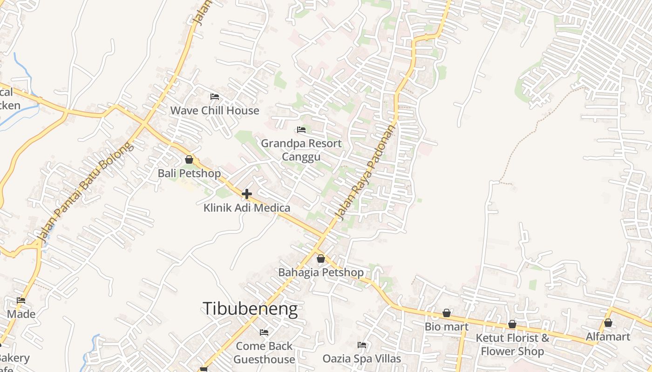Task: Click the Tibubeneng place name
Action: pos(250,309)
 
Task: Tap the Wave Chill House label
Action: pos(215,111)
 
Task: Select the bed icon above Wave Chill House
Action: pos(215,97)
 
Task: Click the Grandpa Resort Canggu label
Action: pos(301,150)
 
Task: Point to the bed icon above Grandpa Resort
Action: pos(301,130)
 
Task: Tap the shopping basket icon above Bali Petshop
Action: pos(189,159)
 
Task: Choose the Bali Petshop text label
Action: pos(189,173)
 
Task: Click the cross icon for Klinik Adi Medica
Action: pos(247,194)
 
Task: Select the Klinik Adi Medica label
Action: pos(247,208)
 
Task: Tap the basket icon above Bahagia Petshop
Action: pos(321,259)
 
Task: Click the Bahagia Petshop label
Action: pos(321,272)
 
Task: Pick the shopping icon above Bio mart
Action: pos(447,313)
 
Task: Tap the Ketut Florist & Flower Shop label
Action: pos(512,345)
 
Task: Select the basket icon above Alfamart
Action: pos(608,323)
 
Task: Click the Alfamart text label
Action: pos(608,337)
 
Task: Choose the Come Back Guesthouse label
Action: pos(264,352)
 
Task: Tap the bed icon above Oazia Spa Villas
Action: pos(362,345)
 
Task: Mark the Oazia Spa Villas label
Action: pos(362,359)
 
